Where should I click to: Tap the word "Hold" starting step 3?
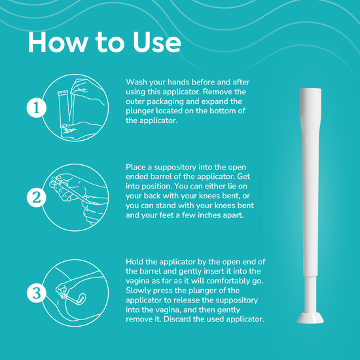coord(135,262)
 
